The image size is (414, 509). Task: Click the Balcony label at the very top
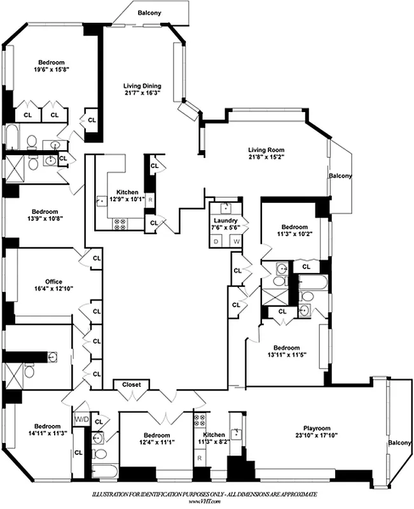click(x=149, y=13)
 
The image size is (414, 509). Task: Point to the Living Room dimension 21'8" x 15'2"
click(x=266, y=159)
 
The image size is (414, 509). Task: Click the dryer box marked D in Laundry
click(x=217, y=241)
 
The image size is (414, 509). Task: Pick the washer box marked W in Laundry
click(x=235, y=241)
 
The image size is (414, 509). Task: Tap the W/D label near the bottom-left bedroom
click(x=81, y=419)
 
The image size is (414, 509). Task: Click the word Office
click(x=53, y=281)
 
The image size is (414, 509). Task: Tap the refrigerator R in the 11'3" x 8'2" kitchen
click(x=199, y=457)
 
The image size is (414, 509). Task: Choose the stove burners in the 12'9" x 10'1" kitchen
click(x=120, y=223)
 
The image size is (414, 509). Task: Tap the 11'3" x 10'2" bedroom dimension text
click(x=294, y=234)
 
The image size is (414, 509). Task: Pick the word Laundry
click(x=226, y=220)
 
